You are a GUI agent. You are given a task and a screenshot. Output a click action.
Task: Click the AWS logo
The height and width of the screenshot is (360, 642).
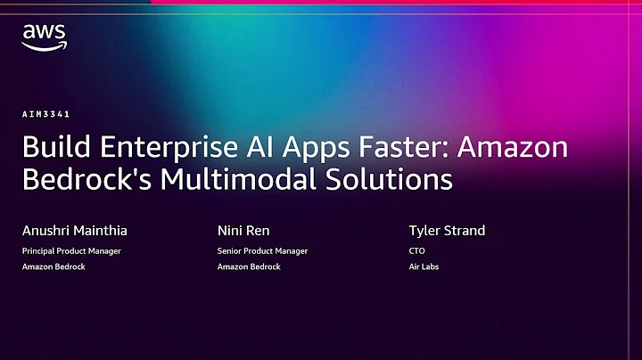pyautogui.click(x=45, y=37)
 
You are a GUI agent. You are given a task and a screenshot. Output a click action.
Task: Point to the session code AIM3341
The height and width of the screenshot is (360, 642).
pyautogui.click(x=46, y=114)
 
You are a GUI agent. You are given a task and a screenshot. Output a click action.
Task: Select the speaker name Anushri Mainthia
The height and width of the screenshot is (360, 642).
pyautogui.click(x=75, y=231)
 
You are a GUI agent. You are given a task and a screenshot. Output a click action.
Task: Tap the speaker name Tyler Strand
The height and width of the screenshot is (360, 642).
pyautogui.click(x=448, y=231)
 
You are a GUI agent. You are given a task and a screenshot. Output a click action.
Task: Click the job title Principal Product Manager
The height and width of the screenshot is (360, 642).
pyautogui.click(x=71, y=251)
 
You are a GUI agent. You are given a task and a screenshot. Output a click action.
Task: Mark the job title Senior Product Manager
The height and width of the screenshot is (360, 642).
pyautogui.click(x=262, y=251)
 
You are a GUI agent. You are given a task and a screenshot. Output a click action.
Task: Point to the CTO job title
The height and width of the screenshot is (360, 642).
pyautogui.click(x=416, y=251)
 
